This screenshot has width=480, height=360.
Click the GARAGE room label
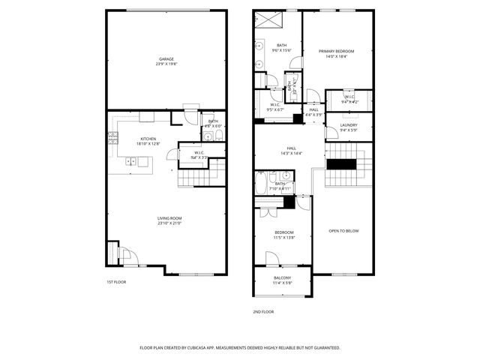166,58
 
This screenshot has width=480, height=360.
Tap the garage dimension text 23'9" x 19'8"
166,64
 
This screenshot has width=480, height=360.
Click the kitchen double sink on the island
132,160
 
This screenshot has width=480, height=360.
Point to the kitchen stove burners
113,137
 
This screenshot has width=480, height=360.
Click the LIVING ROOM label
169,218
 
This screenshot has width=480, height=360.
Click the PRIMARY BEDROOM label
336,51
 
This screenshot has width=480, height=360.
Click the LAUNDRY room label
349,125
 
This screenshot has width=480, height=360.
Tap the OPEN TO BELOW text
344,230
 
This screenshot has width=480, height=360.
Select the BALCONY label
283,278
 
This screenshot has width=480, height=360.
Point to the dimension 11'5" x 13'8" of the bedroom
283,237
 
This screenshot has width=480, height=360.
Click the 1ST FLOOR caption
115,282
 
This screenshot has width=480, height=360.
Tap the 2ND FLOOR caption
263,311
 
